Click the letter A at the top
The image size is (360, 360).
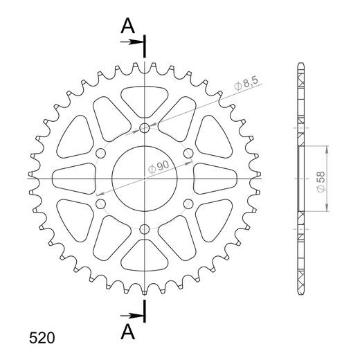click(127, 26)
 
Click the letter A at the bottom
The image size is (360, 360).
click(127, 333)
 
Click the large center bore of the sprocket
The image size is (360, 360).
click(144, 179)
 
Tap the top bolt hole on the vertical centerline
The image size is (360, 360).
click(144, 128)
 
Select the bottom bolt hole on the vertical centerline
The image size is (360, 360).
click(144, 229)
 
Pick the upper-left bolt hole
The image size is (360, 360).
click(100, 153)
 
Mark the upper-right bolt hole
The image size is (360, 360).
click(188, 153)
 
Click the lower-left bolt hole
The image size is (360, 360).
click(100, 204)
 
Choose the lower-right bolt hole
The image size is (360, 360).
click(188, 204)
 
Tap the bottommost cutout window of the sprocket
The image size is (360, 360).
click(144, 258)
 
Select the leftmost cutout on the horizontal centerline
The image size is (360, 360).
click(74, 178)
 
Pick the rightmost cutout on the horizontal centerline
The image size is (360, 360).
click(215, 178)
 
